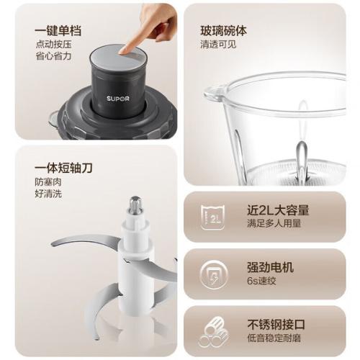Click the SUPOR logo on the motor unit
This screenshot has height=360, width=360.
click(118, 99)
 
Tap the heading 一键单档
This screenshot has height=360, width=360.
click(58, 31)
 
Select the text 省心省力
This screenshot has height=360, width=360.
click(53, 56)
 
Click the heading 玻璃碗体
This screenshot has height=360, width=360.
click(223, 31)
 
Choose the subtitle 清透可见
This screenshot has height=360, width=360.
click(218, 45)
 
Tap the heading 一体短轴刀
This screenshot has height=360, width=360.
click(63, 168)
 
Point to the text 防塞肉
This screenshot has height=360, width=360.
click(48, 182)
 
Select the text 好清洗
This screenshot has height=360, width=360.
click(48, 194)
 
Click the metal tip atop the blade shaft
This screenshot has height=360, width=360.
click(135, 205)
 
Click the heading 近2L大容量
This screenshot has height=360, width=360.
click(278, 210)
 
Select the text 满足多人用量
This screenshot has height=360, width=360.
click(274, 224)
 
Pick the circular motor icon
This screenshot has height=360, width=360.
click(213, 274)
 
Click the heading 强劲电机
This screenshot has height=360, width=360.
click(270, 267)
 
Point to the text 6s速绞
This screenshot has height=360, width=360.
click(261, 281)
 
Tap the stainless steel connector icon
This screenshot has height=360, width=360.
click(213, 332)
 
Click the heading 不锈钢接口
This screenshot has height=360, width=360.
click(276, 325)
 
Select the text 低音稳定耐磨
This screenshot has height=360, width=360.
click(274, 338)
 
